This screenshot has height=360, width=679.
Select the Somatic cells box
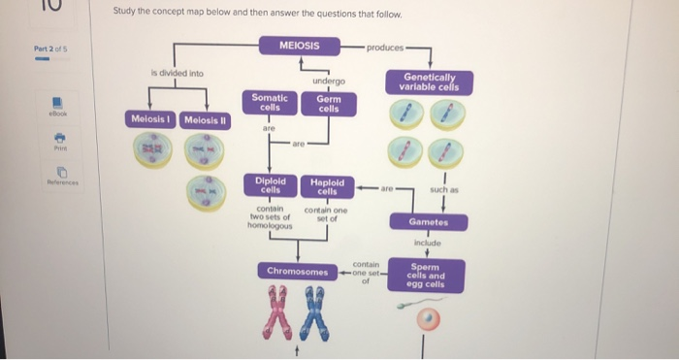(270, 102)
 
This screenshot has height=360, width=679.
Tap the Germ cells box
(328, 104)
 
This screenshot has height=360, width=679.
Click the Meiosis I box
(151, 119)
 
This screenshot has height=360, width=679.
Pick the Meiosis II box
(204, 119)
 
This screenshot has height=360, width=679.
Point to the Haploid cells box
(327, 186)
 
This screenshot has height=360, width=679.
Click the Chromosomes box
(297, 271)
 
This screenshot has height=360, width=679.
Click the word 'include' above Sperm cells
(427, 243)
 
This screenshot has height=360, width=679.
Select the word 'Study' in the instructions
(127, 16)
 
